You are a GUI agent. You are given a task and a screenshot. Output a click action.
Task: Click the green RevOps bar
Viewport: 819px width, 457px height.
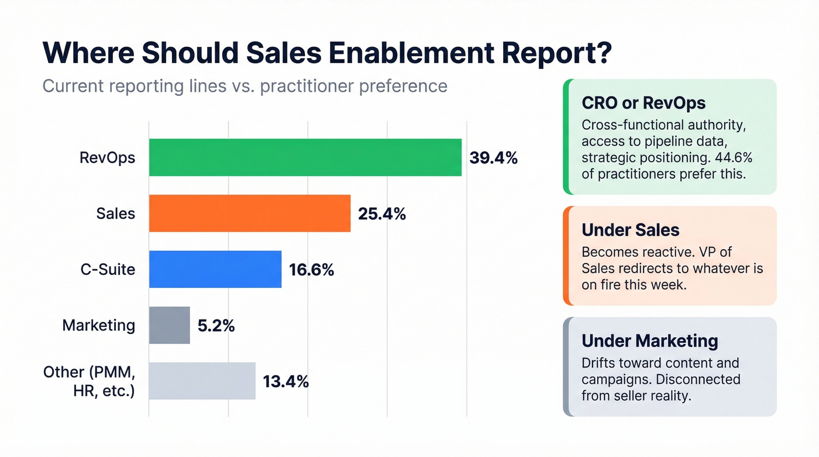(305, 157)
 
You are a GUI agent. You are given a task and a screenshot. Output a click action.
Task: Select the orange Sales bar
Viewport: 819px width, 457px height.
(249, 214)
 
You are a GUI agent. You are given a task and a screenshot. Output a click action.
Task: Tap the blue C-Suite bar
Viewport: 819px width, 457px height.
(215, 269)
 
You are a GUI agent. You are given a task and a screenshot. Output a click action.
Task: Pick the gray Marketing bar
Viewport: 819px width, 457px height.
(169, 325)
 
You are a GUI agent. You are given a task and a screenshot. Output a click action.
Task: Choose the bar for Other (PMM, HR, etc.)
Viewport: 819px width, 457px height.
(202, 381)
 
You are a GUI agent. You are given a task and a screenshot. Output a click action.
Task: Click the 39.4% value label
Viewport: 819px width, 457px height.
(494, 158)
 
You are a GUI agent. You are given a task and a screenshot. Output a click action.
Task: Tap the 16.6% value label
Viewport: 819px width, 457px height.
(311, 270)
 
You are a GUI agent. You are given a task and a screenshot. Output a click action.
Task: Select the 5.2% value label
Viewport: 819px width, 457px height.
(216, 326)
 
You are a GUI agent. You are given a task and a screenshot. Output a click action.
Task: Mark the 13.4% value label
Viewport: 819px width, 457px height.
(285, 382)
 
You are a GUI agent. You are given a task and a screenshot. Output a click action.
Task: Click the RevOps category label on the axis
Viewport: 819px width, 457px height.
(107, 158)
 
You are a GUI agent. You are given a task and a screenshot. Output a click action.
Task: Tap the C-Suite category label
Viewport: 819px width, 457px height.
(108, 270)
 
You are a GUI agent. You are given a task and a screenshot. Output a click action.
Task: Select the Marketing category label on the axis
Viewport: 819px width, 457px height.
(98, 325)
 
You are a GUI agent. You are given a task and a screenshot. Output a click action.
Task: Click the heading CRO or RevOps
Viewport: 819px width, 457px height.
(643, 103)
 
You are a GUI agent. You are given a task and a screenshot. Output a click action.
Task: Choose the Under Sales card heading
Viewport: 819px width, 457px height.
(630, 230)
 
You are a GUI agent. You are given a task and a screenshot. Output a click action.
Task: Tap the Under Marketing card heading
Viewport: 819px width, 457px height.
(649, 341)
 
